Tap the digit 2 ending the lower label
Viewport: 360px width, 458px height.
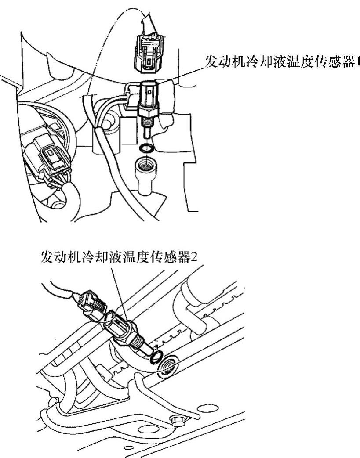(x=195, y=256)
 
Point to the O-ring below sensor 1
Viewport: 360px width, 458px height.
(x=146, y=148)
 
